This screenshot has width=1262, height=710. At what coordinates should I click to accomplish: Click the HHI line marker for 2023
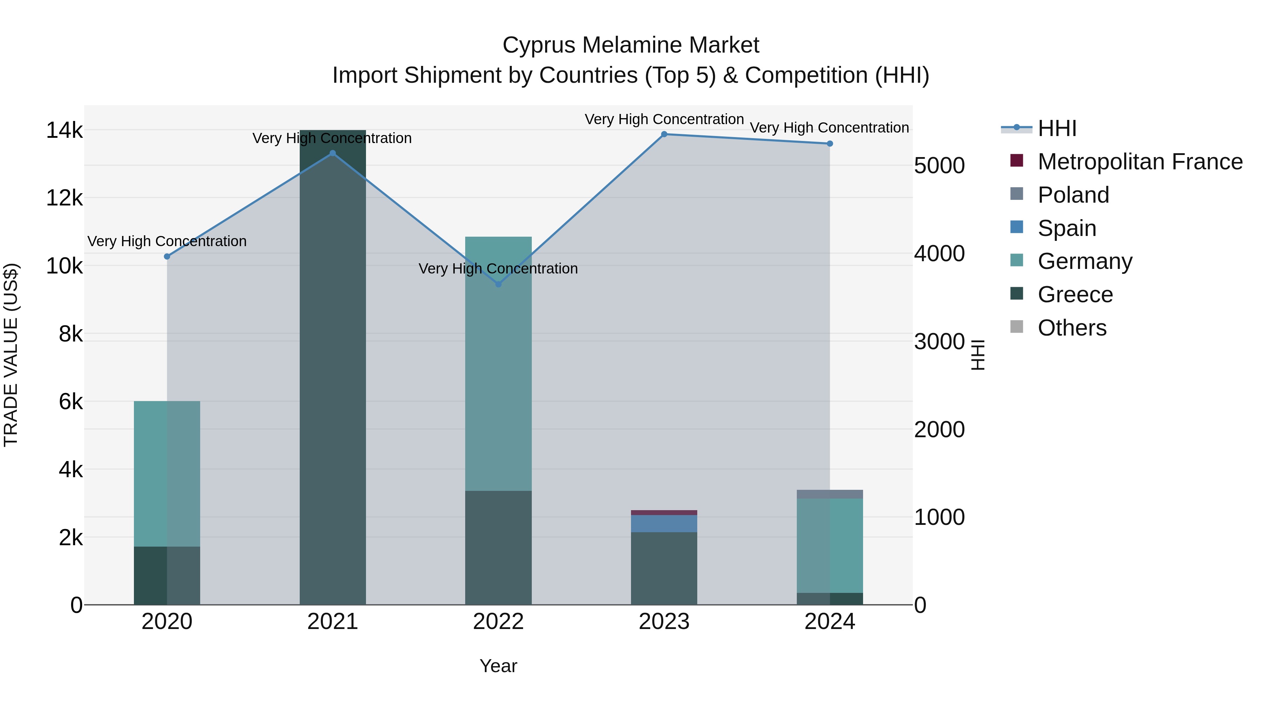pyautogui.click(x=664, y=134)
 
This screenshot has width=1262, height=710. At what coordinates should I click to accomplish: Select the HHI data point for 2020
pyautogui.click(x=167, y=256)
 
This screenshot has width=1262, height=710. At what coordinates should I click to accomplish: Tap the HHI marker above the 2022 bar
pyautogui.click(x=498, y=284)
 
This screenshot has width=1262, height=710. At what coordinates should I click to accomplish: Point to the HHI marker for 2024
pyautogui.click(x=829, y=143)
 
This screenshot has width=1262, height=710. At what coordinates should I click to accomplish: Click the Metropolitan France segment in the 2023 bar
pyautogui.click(x=664, y=513)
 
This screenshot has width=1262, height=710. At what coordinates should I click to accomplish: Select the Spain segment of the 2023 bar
pyautogui.click(x=664, y=523)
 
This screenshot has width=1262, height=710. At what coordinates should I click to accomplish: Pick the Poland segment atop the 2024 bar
pyautogui.click(x=829, y=494)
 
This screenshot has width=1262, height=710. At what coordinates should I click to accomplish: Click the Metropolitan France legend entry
pyautogui.click(x=1140, y=162)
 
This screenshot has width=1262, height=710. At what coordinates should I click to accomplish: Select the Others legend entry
pyautogui.click(x=1072, y=328)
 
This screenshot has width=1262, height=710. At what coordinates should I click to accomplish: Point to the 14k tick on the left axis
pyautogui.click(x=64, y=131)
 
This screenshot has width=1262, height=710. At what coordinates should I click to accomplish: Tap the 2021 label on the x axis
pyautogui.click(x=333, y=622)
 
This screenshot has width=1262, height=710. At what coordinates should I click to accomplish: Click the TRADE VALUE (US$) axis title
pyautogui.click(x=11, y=355)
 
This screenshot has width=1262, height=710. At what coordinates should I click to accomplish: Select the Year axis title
pyautogui.click(x=498, y=666)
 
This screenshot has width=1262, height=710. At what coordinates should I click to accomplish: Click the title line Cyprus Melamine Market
pyautogui.click(x=631, y=45)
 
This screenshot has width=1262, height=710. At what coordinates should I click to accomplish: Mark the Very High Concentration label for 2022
pyautogui.click(x=498, y=269)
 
